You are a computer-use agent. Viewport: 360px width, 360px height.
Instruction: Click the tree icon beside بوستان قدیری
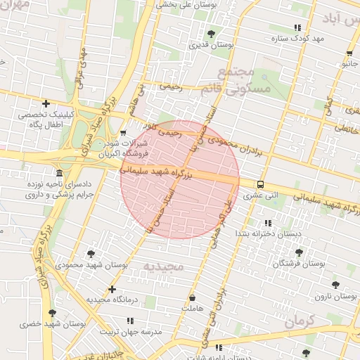(212, 34)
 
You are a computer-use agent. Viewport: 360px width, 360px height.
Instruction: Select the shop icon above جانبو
(349, 53)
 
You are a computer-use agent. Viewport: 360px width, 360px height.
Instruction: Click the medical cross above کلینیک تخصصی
(46, 103)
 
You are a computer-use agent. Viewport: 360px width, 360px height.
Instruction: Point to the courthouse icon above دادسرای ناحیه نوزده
(58, 173)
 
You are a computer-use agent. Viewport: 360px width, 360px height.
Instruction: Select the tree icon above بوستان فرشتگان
(299, 252)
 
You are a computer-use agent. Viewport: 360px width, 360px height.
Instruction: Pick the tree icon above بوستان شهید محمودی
(91, 254)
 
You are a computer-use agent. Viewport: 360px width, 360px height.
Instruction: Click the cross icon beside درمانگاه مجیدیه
(112, 289)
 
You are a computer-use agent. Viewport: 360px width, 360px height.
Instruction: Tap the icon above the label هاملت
(193, 297)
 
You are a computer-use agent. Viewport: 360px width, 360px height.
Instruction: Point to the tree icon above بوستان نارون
(335, 285)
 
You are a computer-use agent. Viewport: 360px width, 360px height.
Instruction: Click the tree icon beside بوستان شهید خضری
(52, 313)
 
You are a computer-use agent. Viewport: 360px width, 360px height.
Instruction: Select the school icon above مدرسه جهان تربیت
(130, 320)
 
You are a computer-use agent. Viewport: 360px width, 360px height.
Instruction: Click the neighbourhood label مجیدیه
(162, 266)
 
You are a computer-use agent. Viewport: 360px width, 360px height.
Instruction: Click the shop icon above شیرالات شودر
(124, 133)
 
